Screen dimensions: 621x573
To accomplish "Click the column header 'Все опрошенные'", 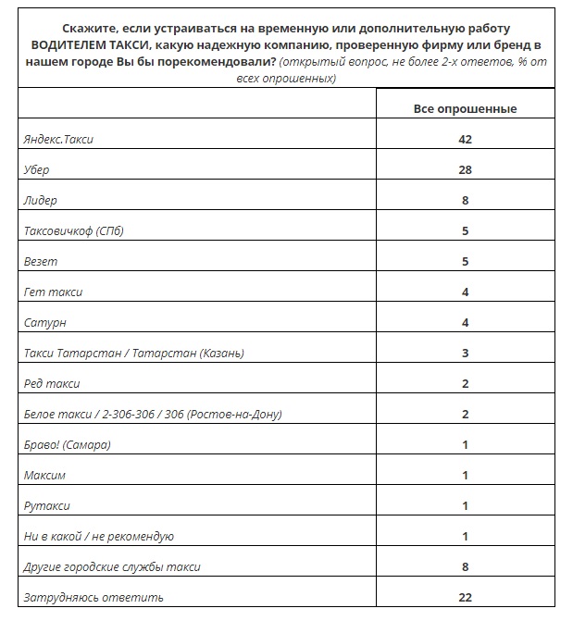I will pos(465,109).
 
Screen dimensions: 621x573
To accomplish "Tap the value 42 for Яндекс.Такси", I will pos(465,140).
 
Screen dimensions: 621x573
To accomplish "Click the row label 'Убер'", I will pos(38,170).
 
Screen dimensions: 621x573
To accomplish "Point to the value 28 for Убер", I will pos(465,170).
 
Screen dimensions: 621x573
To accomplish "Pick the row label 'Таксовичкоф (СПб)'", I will pos(73,231).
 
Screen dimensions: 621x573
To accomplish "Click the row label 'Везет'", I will pos(40,262).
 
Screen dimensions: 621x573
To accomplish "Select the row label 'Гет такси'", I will pos(53,292).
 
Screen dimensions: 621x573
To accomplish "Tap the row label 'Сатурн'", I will pos(44,323).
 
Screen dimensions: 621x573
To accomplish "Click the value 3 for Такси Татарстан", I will pos(465,354).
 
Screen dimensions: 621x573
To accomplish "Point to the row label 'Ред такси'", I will pos(52,384).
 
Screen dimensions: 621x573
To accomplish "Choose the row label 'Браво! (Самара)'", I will pos(67,445).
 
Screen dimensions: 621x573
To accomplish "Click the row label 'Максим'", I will pos(46,476).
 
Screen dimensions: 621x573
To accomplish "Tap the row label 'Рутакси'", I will pos(47,506).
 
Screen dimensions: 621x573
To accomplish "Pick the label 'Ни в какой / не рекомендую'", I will pos(99,537).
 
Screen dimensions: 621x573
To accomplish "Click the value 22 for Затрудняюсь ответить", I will pos(465,598).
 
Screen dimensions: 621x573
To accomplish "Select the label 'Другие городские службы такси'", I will pos(112,567).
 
